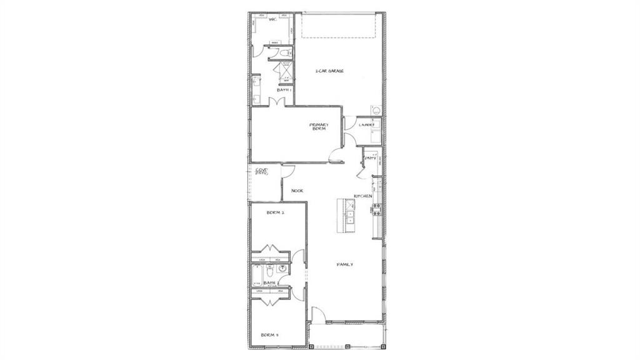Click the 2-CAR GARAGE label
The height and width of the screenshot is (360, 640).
tap(329, 71)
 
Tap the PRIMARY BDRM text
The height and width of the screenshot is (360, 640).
tap(319, 126)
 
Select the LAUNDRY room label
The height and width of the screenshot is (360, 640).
tap(367, 125)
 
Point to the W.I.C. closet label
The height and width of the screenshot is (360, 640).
tap(272, 19)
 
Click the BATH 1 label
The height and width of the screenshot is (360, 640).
tap(285, 90)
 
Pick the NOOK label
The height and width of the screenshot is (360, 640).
tap(297, 191)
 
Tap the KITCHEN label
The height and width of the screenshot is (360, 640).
tap(363, 196)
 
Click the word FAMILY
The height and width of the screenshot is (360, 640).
tap(345, 264)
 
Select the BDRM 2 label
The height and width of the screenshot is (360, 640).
tap(276, 212)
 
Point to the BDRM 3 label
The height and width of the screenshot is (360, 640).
tap(269, 335)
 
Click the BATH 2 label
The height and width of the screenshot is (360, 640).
tap(270, 282)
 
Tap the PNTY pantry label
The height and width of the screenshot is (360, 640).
tap(371, 158)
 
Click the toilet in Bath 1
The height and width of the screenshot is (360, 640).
tap(283, 52)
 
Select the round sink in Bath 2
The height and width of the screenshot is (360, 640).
tap(282, 269)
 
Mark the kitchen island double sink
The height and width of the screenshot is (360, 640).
tap(350, 216)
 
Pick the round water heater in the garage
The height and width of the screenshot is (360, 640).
tap(376, 110)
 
